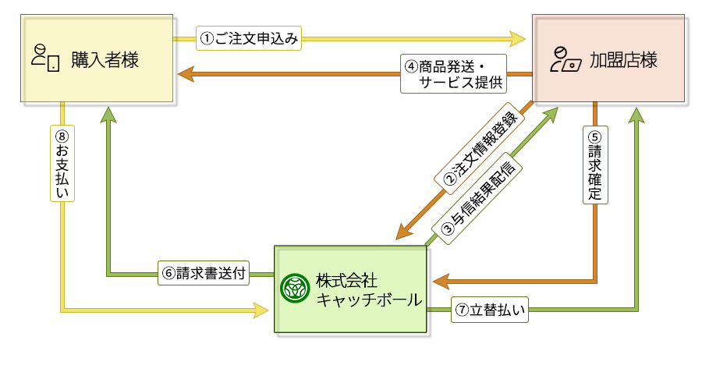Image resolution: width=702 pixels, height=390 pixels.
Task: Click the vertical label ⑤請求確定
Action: click(x=595, y=165)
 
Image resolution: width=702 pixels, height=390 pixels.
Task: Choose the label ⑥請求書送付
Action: click(x=204, y=274)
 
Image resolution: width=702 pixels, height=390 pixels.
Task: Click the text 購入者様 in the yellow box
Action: click(x=105, y=59)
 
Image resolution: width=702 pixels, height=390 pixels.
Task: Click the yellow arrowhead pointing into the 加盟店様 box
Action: click(x=519, y=37)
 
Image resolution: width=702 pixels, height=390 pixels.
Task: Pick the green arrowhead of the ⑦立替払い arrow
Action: click(x=638, y=115)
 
